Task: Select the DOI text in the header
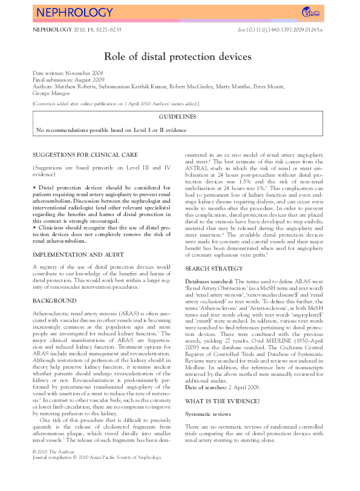pyautogui.click(x=281, y=29)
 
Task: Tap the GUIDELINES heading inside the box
pyautogui.click(x=177, y=116)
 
